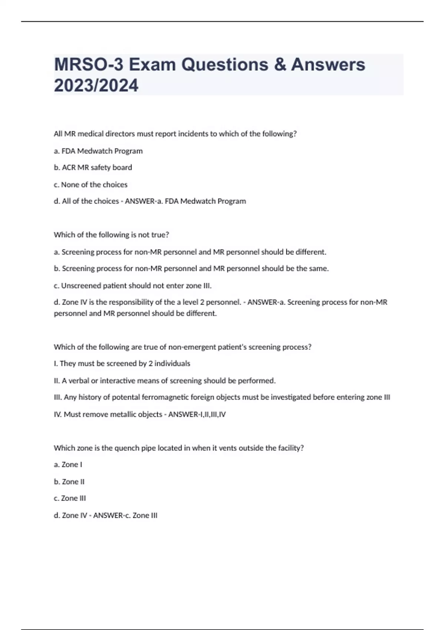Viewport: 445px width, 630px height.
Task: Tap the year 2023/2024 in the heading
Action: tap(96, 85)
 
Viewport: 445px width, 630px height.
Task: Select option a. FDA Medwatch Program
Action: tap(98, 151)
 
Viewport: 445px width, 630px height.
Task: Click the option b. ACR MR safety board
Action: tap(93, 168)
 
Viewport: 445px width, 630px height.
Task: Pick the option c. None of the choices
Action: tap(90, 185)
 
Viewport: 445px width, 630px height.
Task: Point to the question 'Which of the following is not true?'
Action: tap(111, 235)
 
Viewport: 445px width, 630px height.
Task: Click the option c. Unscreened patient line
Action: tap(132, 286)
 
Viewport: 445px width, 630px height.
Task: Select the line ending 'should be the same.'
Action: tap(191, 269)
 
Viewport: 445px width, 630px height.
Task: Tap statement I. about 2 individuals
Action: tap(122, 364)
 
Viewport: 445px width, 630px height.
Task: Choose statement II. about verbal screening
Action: tap(165, 381)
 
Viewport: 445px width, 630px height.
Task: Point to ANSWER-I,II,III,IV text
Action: tap(197, 414)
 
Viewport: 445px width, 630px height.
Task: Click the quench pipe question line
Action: tap(178, 448)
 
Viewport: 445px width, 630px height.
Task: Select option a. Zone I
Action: tap(68, 465)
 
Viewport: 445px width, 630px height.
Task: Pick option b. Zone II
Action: tap(69, 482)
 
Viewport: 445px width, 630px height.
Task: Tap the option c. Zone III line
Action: tap(70, 498)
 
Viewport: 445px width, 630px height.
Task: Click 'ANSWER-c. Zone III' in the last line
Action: tap(125, 515)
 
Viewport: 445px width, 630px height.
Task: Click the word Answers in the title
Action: tap(328, 64)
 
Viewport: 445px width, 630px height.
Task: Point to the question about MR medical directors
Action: tap(175, 134)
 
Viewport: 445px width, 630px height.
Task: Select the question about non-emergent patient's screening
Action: tap(182, 347)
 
